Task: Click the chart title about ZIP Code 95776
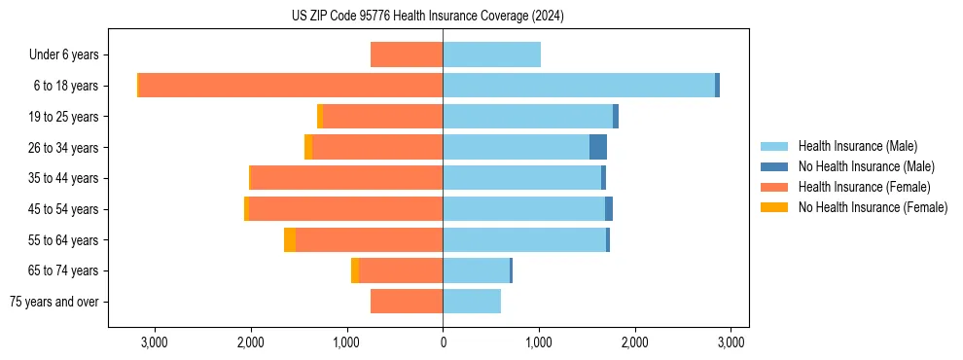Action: click(x=427, y=17)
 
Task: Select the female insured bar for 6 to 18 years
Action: click(x=291, y=86)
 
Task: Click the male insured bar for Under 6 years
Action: click(x=491, y=54)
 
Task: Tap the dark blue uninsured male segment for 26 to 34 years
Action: click(x=598, y=147)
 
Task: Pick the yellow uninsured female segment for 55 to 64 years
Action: click(x=290, y=240)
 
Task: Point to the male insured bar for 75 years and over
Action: click(x=472, y=302)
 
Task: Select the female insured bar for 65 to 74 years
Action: click(x=401, y=270)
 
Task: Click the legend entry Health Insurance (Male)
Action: click(x=856, y=146)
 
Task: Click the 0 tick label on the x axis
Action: click(x=443, y=342)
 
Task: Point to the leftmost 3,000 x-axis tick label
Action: click(x=155, y=342)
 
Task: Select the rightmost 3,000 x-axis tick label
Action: click(x=731, y=342)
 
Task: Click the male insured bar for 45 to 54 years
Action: click(x=523, y=209)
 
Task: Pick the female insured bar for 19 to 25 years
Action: click(x=382, y=117)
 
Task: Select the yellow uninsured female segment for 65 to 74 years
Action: click(x=355, y=270)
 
